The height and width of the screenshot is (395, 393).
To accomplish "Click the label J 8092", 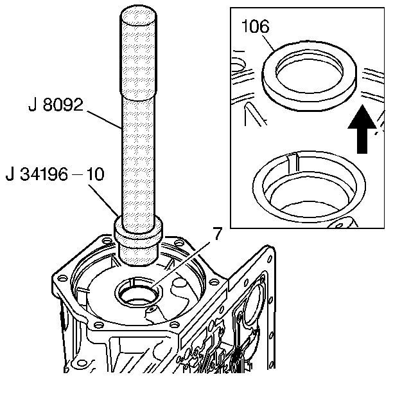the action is click(x=56, y=105).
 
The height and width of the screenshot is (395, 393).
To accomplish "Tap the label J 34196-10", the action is click(x=55, y=174).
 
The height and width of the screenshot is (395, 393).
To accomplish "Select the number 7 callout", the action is click(x=217, y=234).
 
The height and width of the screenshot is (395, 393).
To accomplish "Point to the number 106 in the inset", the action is click(x=255, y=26).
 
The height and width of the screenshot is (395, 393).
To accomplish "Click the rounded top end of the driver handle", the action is click(x=139, y=15).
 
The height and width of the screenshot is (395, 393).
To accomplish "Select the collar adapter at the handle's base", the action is click(x=138, y=241).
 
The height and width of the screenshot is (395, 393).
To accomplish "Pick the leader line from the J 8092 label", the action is click(x=105, y=120).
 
